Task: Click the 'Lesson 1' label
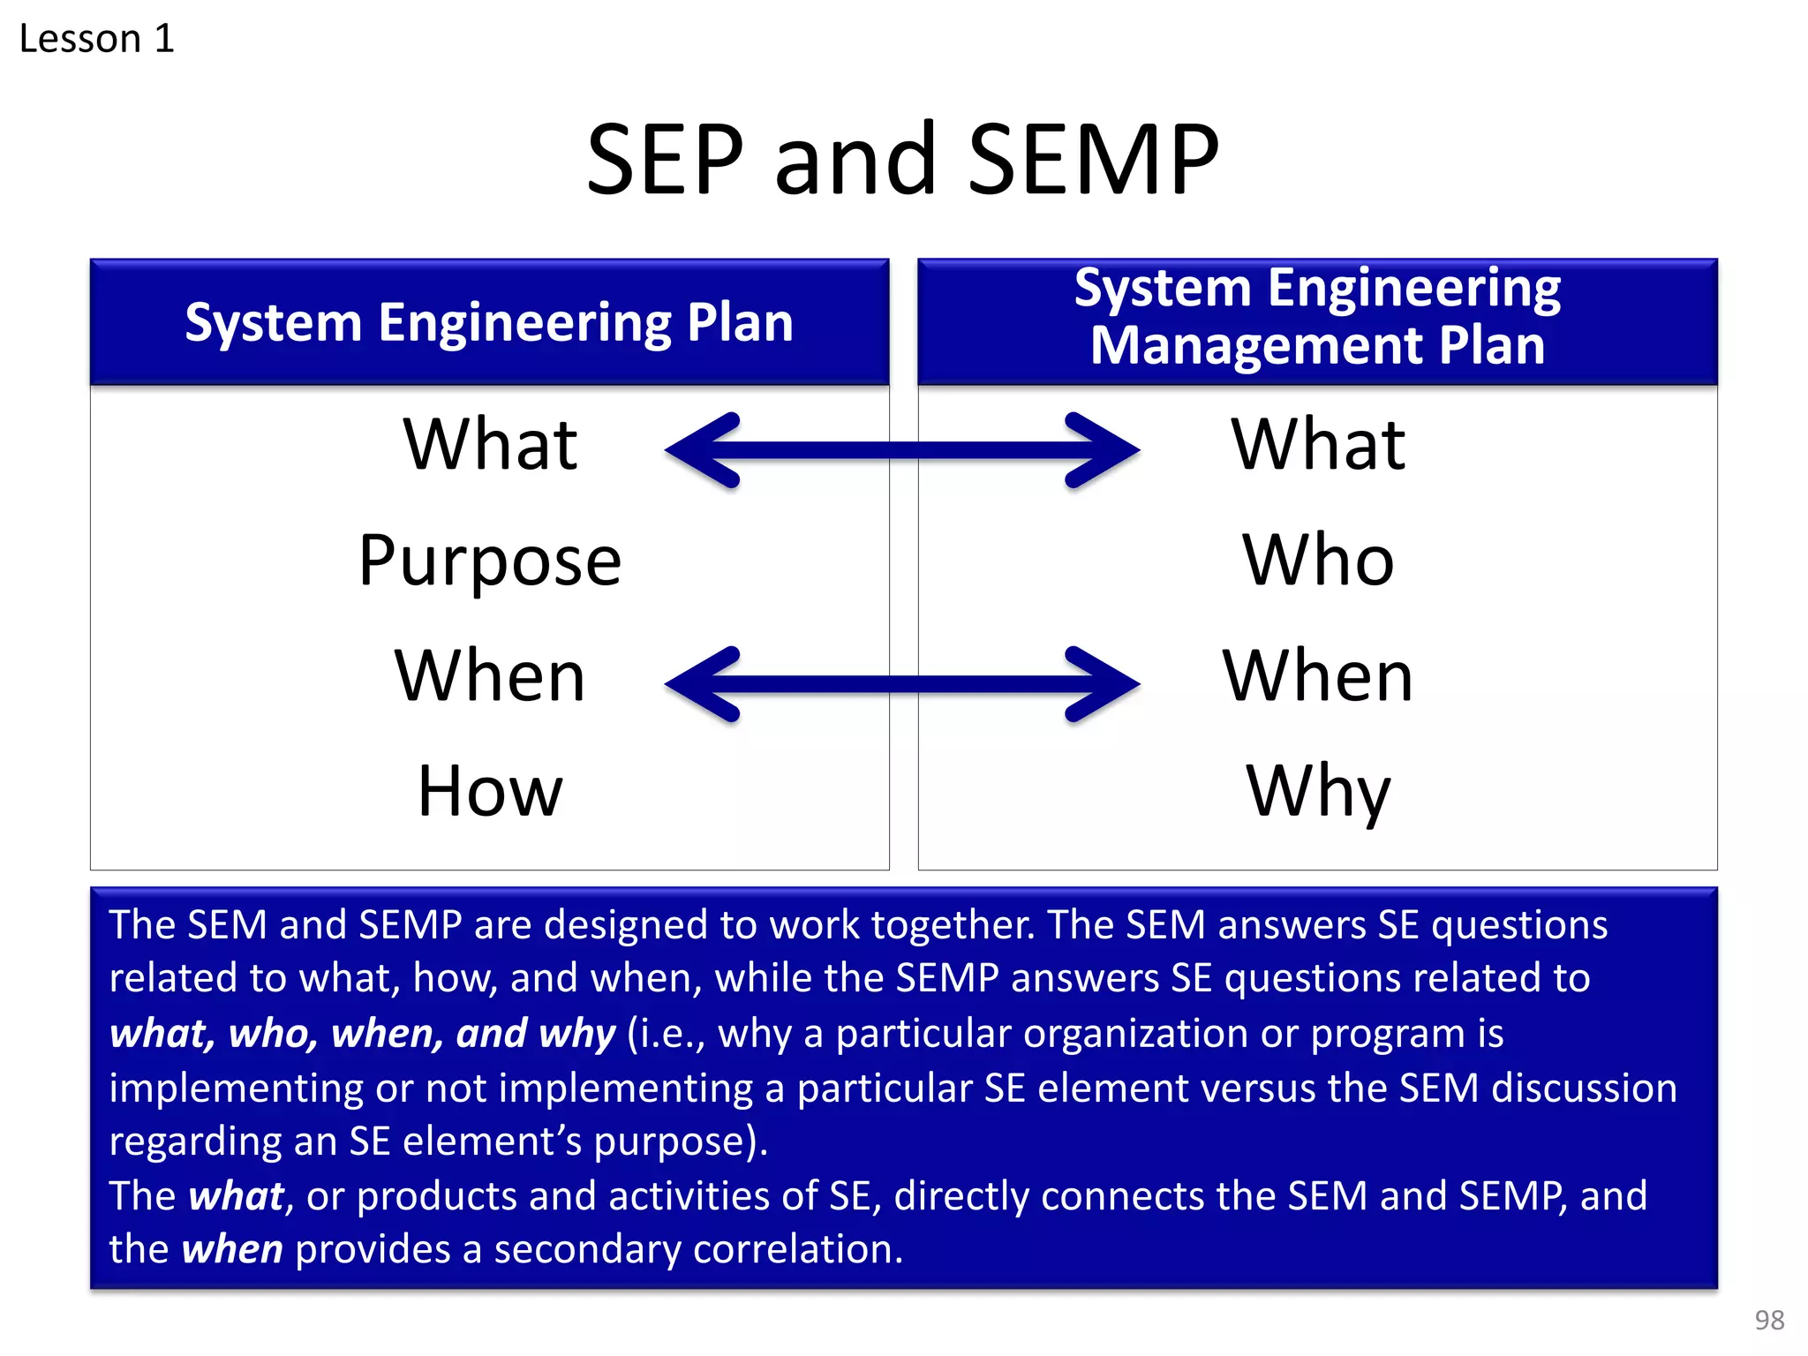coord(96,39)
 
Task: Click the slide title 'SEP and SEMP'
coord(902,159)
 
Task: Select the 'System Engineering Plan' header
coord(489,322)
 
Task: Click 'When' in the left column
coord(490,676)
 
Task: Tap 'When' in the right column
coord(1318,676)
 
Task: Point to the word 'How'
coord(490,792)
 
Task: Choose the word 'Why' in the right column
coord(1318,792)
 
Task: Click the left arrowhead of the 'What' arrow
coord(702,450)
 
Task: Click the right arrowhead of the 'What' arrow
coord(1104,450)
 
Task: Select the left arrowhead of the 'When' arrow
coord(702,684)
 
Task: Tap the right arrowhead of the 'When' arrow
coord(1104,684)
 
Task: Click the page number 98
coord(1769,1320)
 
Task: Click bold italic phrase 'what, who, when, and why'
coord(362,1033)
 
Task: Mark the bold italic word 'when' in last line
coord(232,1249)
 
